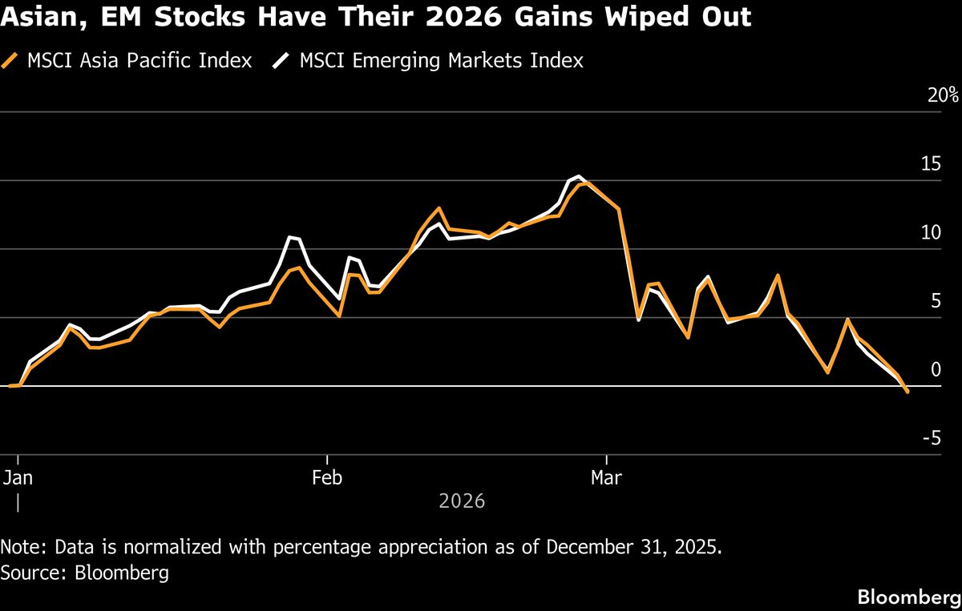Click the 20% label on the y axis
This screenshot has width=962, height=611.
(x=943, y=94)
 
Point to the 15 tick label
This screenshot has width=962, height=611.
(x=931, y=164)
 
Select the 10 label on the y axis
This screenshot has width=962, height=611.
(x=931, y=232)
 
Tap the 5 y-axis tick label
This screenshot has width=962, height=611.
(x=936, y=301)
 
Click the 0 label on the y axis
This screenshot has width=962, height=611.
(x=936, y=369)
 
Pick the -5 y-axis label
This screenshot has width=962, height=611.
(x=932, y=438)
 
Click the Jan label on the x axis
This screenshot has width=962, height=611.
(x=18, y=477)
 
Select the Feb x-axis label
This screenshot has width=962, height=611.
(x=327, y=477)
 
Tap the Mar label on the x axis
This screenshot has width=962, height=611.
(x=606, y=477)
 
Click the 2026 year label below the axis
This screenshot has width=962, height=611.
(x=462, y=501)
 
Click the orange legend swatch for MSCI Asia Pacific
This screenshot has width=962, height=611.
(x=10, y=61)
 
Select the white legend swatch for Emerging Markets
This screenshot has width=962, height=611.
(x=281, y=61)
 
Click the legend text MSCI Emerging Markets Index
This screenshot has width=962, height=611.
(x=442, y=61)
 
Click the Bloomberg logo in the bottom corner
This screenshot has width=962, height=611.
(x=910, y=597)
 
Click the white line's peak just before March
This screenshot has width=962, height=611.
(x=578, y=176)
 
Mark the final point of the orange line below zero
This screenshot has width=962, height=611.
(x=907, y=392)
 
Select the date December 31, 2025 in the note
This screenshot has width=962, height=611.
(x=634, y=547)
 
